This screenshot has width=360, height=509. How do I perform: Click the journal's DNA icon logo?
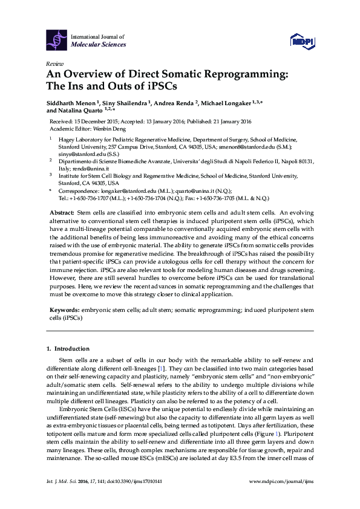(x=57, y=39)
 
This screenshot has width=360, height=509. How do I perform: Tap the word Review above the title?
(x=54, y=63)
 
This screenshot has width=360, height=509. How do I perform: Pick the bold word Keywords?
(x=64, y=310)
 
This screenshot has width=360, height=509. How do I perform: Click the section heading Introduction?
(x=72, y=349)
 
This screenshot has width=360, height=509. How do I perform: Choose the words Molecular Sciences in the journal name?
(x=99, y=45)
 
